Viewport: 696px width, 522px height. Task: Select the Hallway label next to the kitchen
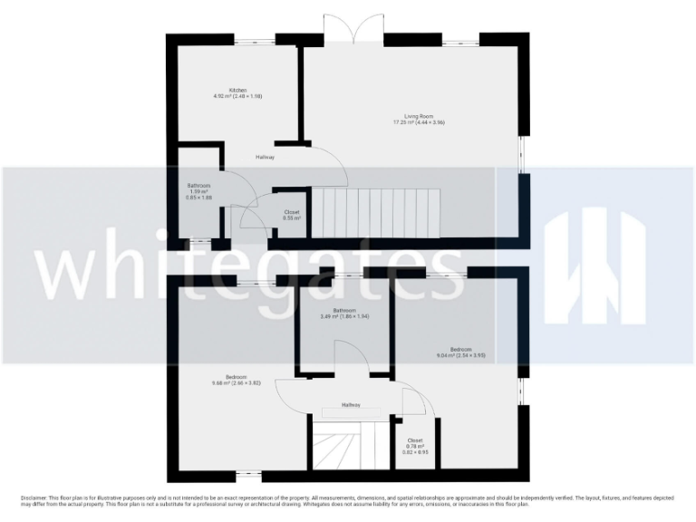(x=265, y=158)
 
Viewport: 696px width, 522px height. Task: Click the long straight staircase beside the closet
(x=375, y=214)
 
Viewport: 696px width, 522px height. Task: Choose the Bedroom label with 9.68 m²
(x=237, y=379)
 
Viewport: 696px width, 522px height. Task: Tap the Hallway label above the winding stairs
(x=352, y=404)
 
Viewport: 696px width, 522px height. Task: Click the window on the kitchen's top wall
(x=254, y=40)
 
